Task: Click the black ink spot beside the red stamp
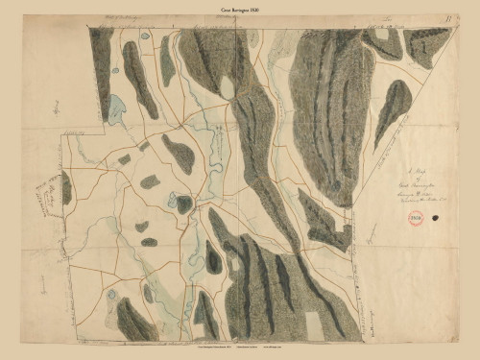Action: [438, 219]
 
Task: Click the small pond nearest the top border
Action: [144, 36]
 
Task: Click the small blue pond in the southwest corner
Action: [112, 295]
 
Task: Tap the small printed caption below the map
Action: [240, 351]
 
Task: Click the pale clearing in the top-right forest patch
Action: [382, 35]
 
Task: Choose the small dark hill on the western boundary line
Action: [66, 188]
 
